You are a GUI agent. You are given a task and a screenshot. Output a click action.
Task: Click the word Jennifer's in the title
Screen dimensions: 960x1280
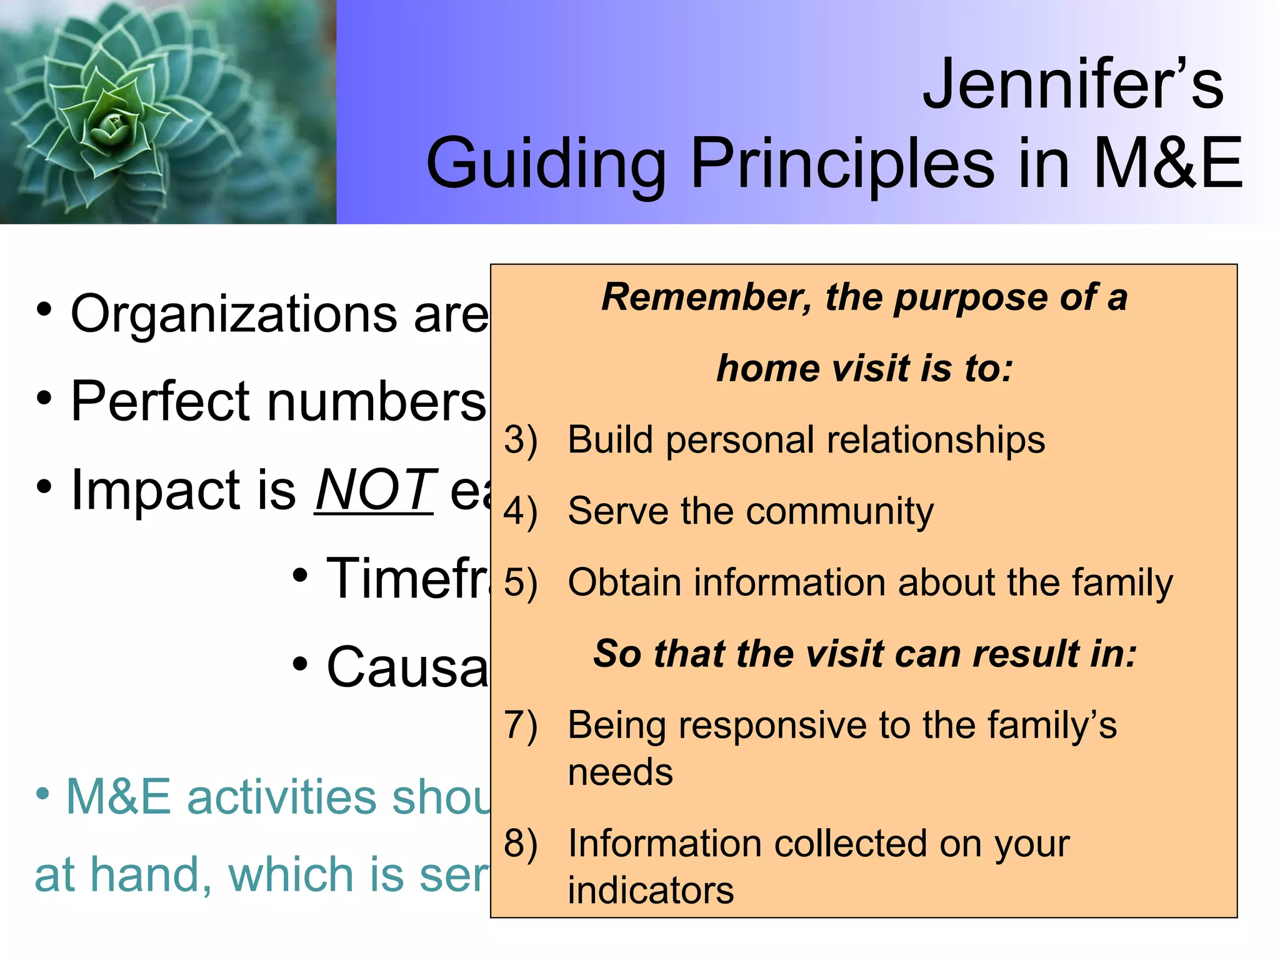point(1072,84)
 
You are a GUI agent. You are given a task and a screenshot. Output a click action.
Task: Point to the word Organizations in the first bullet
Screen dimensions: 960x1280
point(232,314)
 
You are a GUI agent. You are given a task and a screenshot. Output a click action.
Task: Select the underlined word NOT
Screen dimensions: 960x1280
point(374,491)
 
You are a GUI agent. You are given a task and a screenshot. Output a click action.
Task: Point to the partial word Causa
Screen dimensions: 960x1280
point(406,667)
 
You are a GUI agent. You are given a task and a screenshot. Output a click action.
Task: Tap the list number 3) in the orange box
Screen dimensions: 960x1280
point(521,441)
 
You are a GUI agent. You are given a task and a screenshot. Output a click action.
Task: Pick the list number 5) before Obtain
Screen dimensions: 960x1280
point(521,583)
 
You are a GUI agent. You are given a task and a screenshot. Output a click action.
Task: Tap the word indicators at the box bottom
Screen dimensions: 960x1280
point(651,891)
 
